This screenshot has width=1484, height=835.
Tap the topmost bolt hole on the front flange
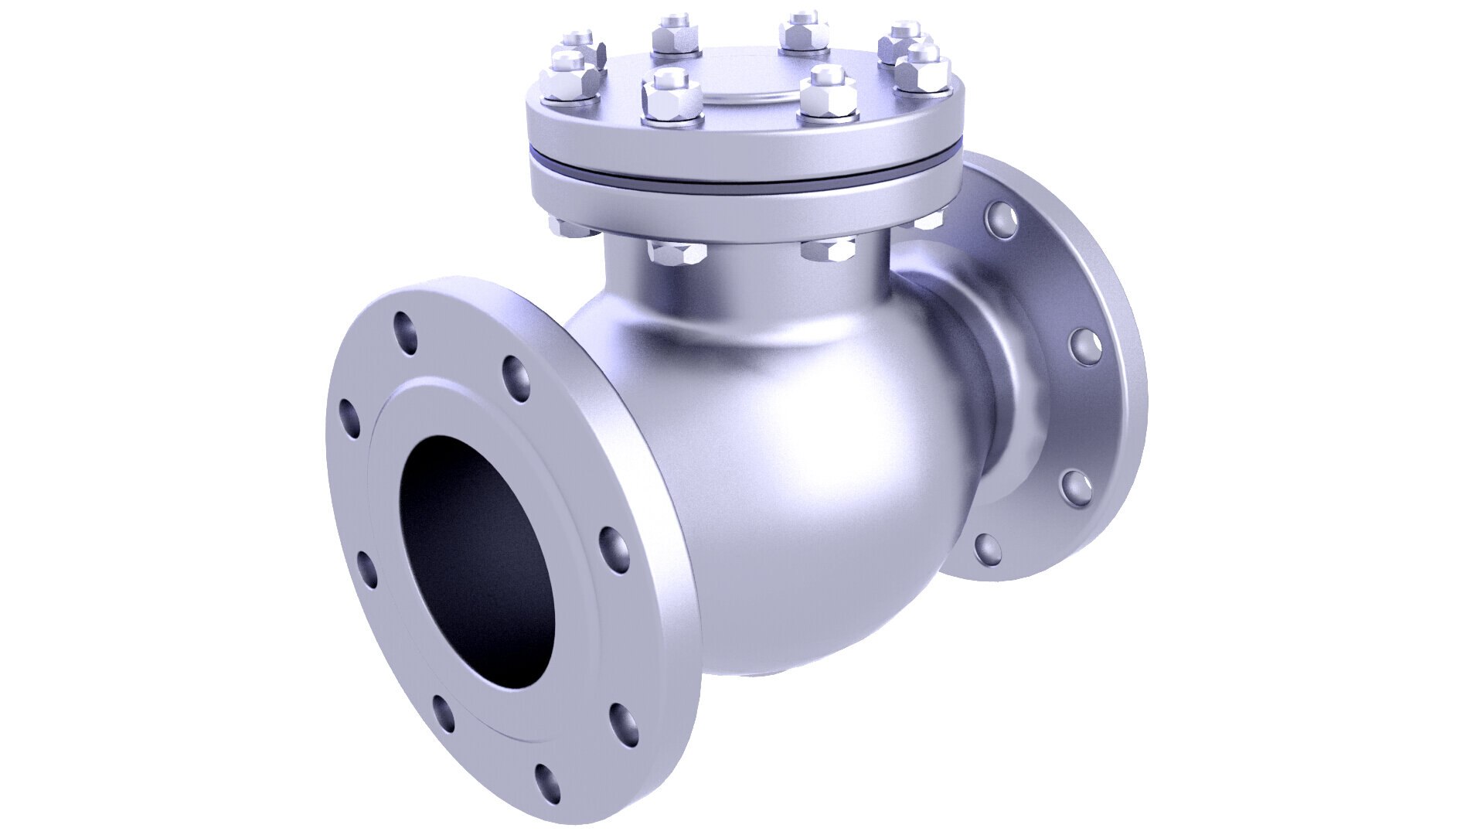click(404, 332)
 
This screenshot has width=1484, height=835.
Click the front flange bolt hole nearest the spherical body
click(614, 550)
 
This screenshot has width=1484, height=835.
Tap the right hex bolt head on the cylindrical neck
click(829, 250)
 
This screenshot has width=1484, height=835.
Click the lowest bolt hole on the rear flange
click(988, 549)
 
